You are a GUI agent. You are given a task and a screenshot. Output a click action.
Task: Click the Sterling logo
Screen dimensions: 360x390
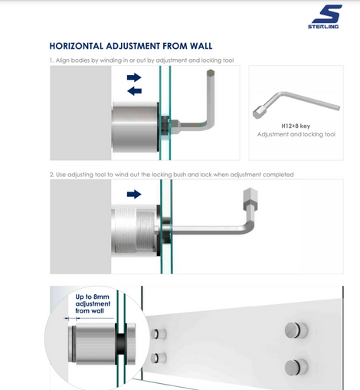[325, 17]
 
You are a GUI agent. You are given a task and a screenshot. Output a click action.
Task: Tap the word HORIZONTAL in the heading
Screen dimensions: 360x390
[77, 46]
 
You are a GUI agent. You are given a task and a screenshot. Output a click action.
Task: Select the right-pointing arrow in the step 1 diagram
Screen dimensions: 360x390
[134, 77]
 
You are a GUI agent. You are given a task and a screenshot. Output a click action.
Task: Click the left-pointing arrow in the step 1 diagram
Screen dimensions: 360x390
[134, 91]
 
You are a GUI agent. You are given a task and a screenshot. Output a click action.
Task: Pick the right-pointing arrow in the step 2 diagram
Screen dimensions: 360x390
[134, 195]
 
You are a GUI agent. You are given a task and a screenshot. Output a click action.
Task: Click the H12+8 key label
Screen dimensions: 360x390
[296, 126]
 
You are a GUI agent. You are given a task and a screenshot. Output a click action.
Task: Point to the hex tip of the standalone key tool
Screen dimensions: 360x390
[257, 113]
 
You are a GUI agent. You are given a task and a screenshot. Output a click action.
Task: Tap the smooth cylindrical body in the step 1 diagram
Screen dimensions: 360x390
[135, 127]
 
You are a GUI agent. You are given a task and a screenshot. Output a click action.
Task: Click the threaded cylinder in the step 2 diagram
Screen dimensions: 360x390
[134, 231]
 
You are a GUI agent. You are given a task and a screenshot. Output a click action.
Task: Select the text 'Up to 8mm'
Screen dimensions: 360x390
[92, 297]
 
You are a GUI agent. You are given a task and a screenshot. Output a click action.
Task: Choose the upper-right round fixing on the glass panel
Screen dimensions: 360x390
[296, 330]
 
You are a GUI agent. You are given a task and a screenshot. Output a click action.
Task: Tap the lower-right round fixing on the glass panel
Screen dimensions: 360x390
[296, 367]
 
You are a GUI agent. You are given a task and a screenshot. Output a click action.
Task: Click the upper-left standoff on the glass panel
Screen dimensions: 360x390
[159, 334]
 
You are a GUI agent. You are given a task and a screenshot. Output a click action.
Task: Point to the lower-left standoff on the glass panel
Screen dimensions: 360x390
[159, 358]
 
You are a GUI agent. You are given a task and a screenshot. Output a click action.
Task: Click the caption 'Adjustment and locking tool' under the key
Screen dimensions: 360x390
[296, 134]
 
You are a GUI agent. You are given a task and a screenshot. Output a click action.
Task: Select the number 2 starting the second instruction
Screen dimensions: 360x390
[51, 175]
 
